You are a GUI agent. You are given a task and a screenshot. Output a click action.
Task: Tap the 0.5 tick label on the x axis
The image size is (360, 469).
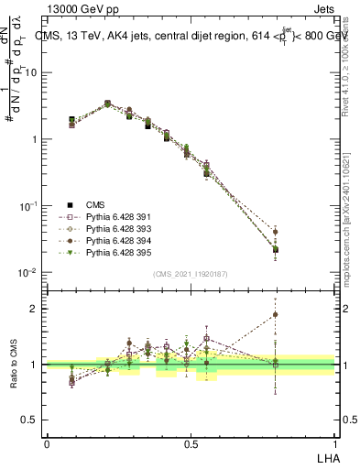point(190,442)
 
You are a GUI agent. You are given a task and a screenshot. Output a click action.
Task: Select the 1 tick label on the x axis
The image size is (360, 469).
point(336,442)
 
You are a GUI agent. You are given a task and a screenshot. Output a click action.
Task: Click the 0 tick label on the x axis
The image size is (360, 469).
point(47,442)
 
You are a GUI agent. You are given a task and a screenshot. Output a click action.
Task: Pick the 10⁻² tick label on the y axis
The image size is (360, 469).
point(28,273)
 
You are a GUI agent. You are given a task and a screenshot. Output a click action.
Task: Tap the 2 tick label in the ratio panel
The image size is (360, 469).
point(35,309)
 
